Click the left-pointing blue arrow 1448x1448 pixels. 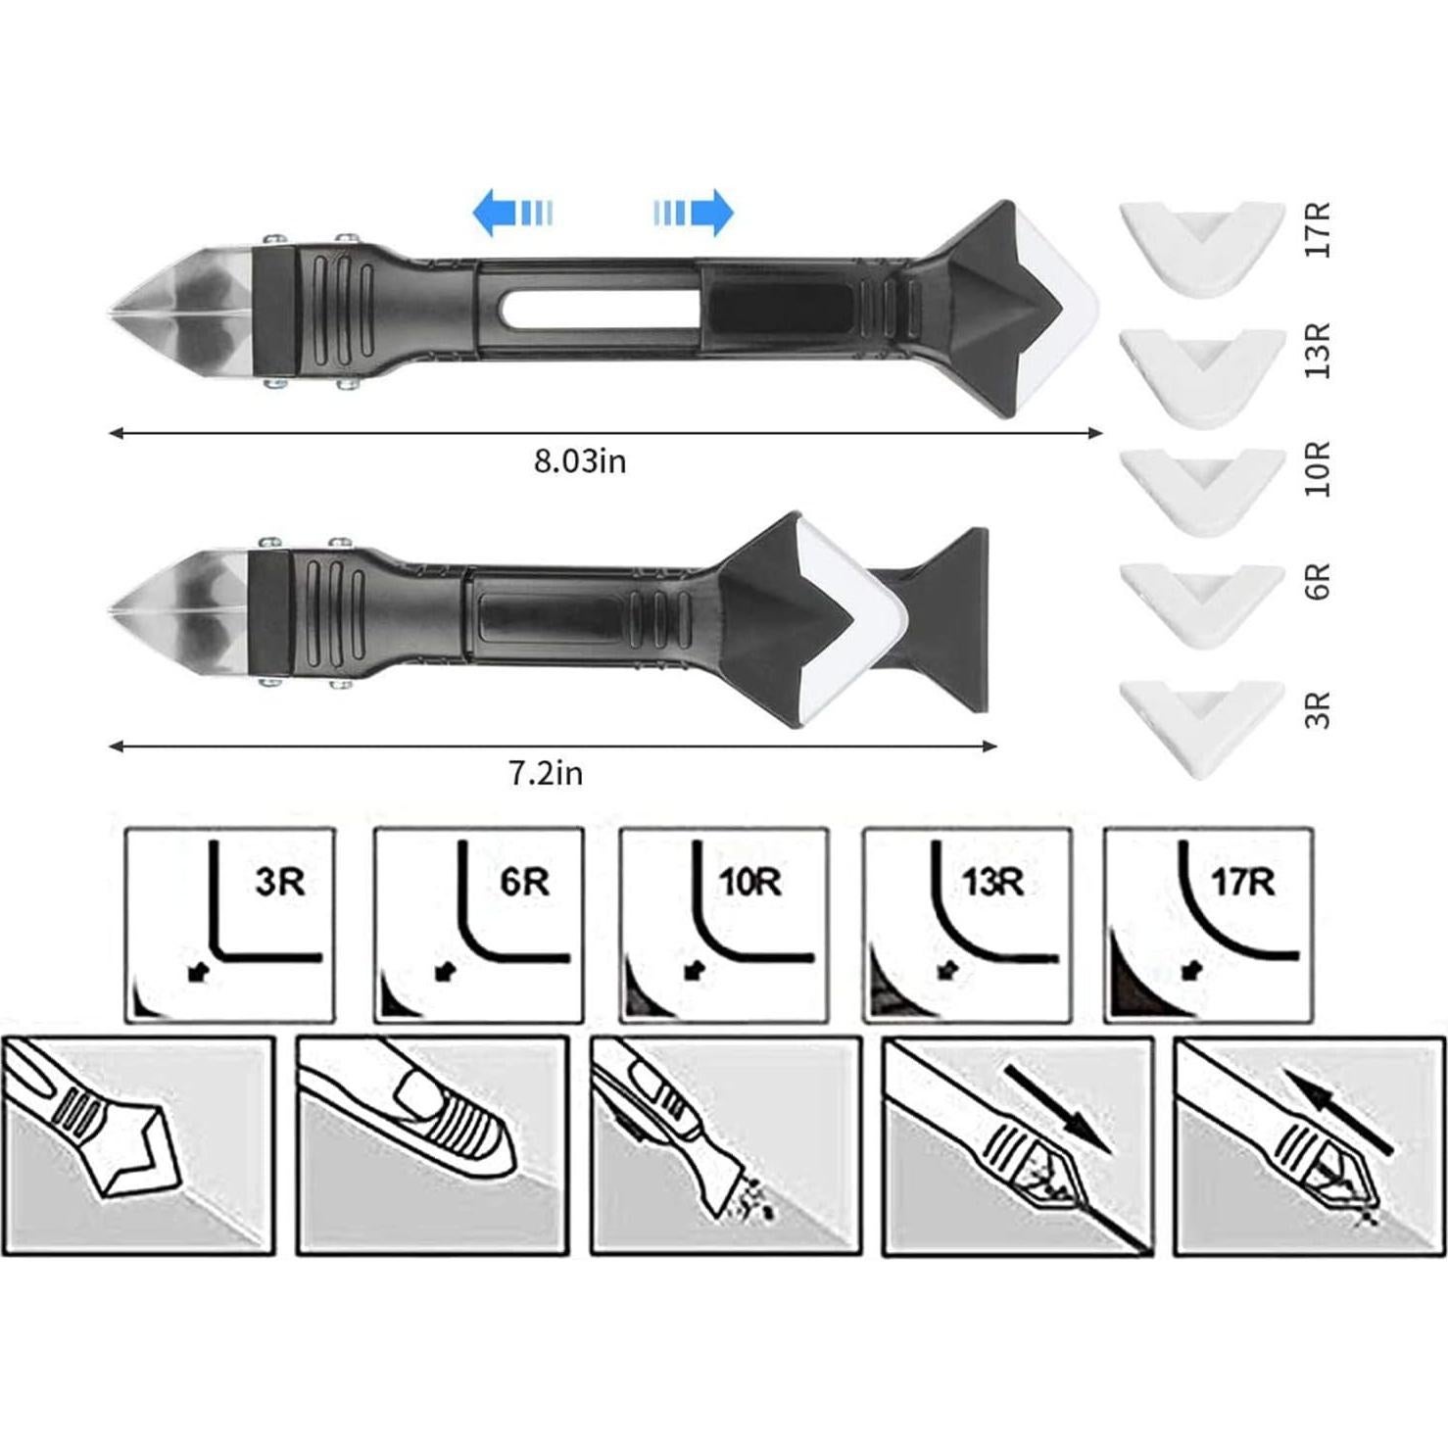pyautogui.click(x=512, y=213)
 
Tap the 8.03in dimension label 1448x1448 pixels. pyautogui.click(x=580, y=460)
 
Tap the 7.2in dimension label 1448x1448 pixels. pyautogui.click(x=546, y=773)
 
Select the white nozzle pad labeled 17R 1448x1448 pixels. pyautogui.click(x=1203, y=247)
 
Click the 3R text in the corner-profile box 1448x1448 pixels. pyautogui.click(x=280, y=882)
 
